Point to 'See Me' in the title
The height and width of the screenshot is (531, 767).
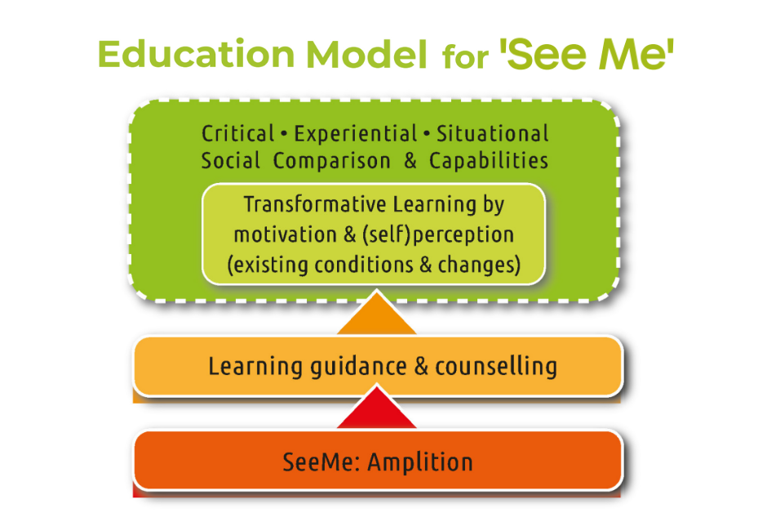[x=587, y=54]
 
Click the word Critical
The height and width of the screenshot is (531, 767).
[x=238, y=134]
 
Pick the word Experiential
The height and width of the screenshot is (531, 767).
[x=356, y=134]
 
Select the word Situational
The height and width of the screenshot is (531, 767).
[x=493, y=134]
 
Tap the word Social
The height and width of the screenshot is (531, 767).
[x=230, y=161]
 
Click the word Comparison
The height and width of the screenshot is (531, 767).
[x=331, y=161]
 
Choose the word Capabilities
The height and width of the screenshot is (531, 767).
[x=489, y=161]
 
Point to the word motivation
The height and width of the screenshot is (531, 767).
[x=286, y=234]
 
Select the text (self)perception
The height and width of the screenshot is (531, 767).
[x=438, y=235]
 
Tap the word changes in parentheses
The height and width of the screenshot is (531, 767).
[x=479, y=265]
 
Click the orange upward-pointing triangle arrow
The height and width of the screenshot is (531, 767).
[x=377, y=313]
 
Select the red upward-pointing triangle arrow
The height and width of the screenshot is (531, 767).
[x=377, y=408]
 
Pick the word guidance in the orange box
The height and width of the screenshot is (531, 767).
[x=358, y=367]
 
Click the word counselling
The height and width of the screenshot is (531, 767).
[x=496, y=367]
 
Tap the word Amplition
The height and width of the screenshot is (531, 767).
[x=420, y=462]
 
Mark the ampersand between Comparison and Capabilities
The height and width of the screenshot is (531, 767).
[x=410, y=161]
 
